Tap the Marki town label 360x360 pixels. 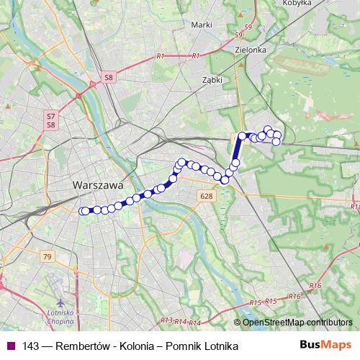coord(201,24)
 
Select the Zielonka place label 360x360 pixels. coord(251,50)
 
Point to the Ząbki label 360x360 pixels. coord(212,81)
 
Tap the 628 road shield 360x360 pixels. coord(207,196)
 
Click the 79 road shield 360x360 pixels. coord(48,256)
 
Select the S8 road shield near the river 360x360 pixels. coord(109,76)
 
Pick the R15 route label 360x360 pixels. coord(253,303)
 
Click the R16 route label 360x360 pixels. coord(293,296)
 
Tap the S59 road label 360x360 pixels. coord(248,28)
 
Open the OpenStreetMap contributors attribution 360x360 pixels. coord(298,322)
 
